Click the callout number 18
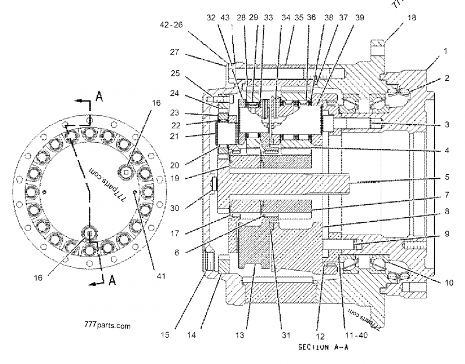[x=412, y=18]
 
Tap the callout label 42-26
[x=170, y=25]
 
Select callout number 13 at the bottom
[x=242, y=335]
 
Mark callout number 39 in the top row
[x=359, y=18]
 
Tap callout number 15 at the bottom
[x=165, y=335]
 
